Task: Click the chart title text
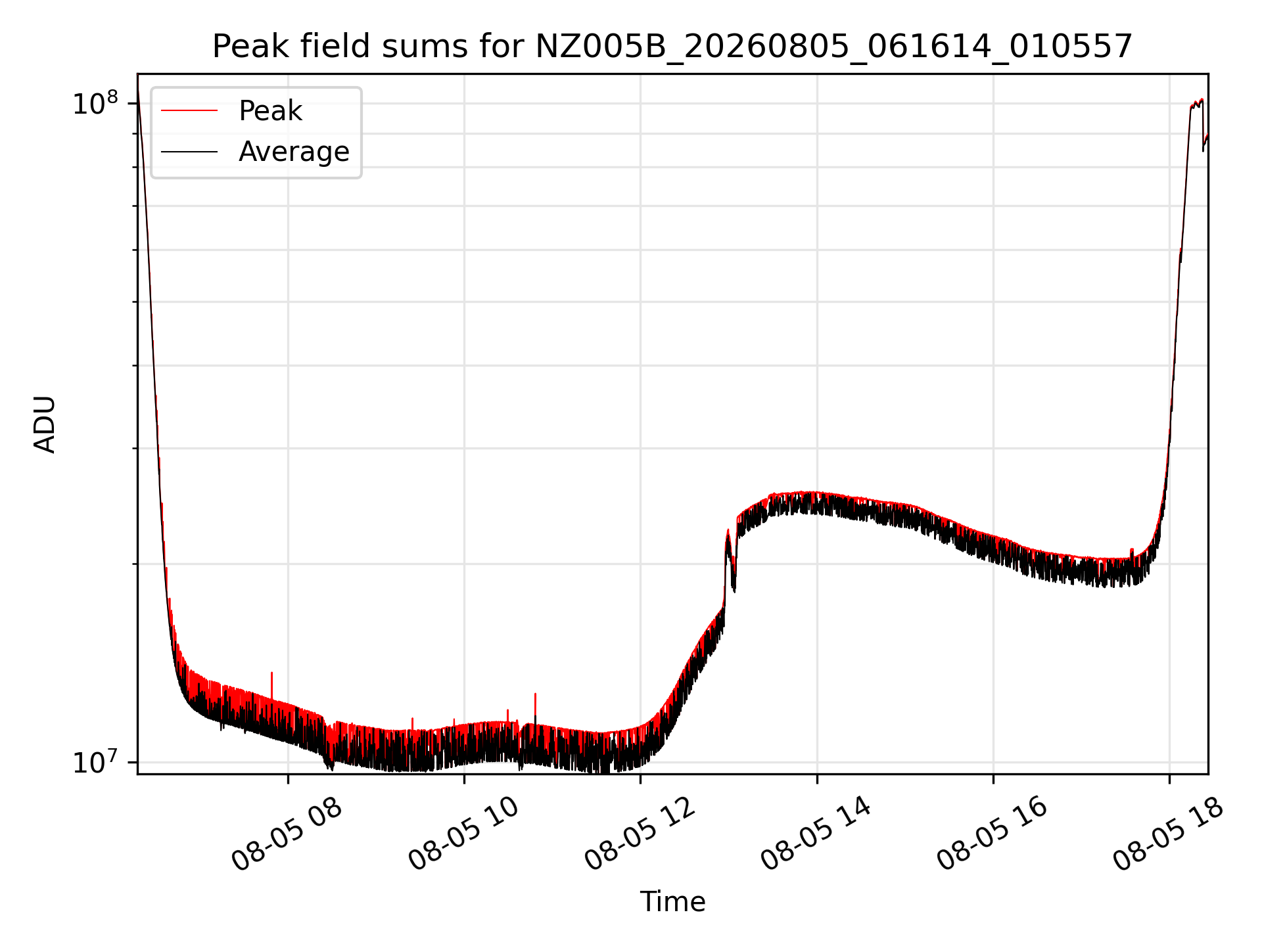pos(672,47)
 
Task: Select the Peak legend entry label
pos(270,111)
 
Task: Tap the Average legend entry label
pos(294,152)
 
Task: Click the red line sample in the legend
pos(189,110)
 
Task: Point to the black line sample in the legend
pos(189,152)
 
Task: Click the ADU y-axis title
pos(45,424)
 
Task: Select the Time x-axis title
pos(672,901)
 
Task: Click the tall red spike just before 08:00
pos(271,683)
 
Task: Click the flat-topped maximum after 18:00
pos(1196,103)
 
